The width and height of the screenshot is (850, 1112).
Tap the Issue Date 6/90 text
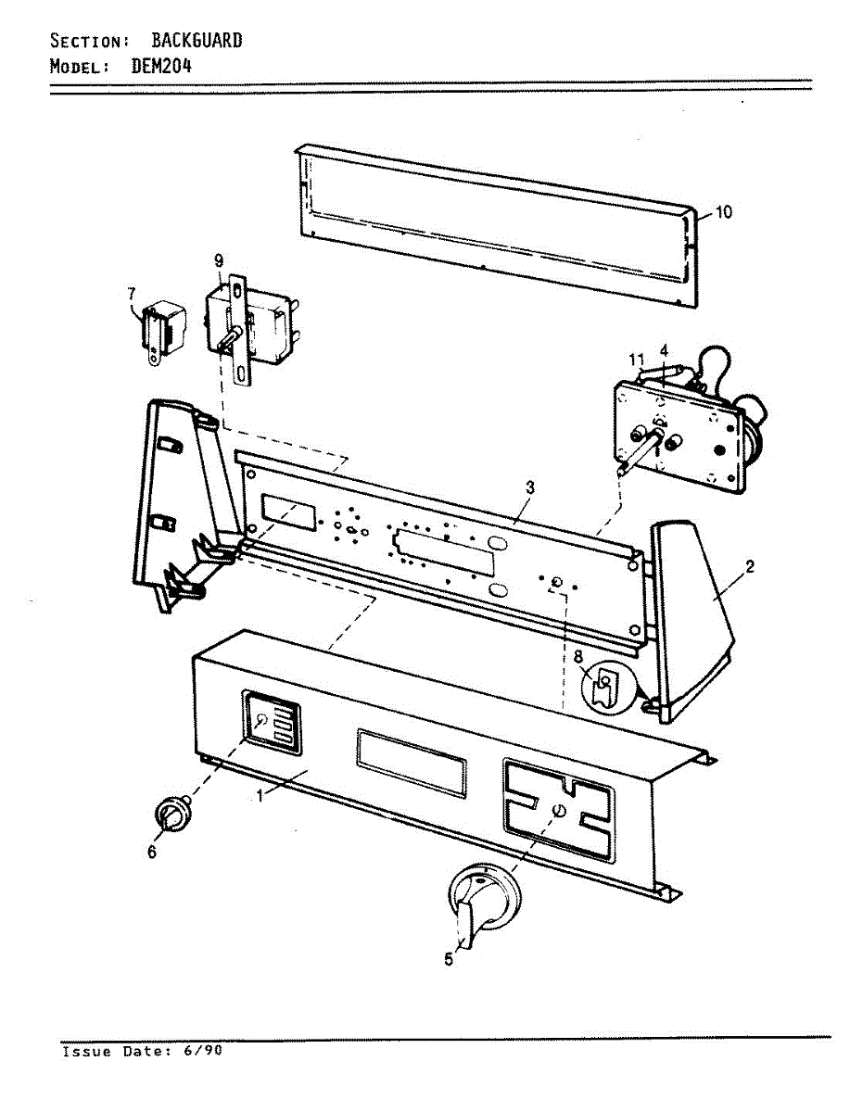(x=142, y=1051)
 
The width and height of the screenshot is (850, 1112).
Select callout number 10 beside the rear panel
(x=723, y=212)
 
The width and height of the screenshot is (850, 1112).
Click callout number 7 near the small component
(x=131, y=294)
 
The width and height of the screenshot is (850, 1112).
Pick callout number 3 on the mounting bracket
(x=529, y=486)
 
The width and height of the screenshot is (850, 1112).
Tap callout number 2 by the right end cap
(x=749, y=567)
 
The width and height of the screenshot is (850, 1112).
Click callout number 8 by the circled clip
(x=577, y=656)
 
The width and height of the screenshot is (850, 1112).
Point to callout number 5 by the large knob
(x=449, y=960)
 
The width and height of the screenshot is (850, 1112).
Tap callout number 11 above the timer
(x=636, y=358)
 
